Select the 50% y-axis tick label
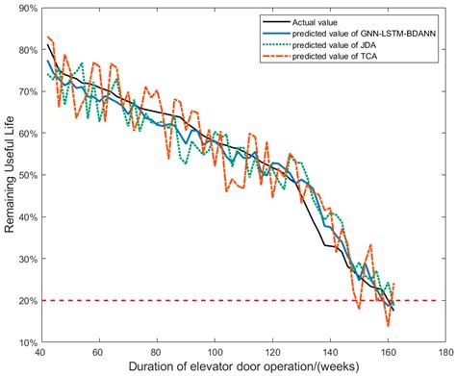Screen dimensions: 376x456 pyautogui.click(x=26, y=175)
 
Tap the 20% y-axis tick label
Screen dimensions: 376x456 pyautogui.click(x=26, y=301)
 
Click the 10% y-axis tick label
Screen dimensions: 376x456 pyautogui.click(x=26, y=342)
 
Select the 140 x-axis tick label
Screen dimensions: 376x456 pyautogui.click(x=330, y=352)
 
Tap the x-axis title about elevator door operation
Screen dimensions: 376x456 pyautogui.click(x=241, y=367)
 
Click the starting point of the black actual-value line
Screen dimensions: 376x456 pyautogui.click(x=47, y=44)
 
